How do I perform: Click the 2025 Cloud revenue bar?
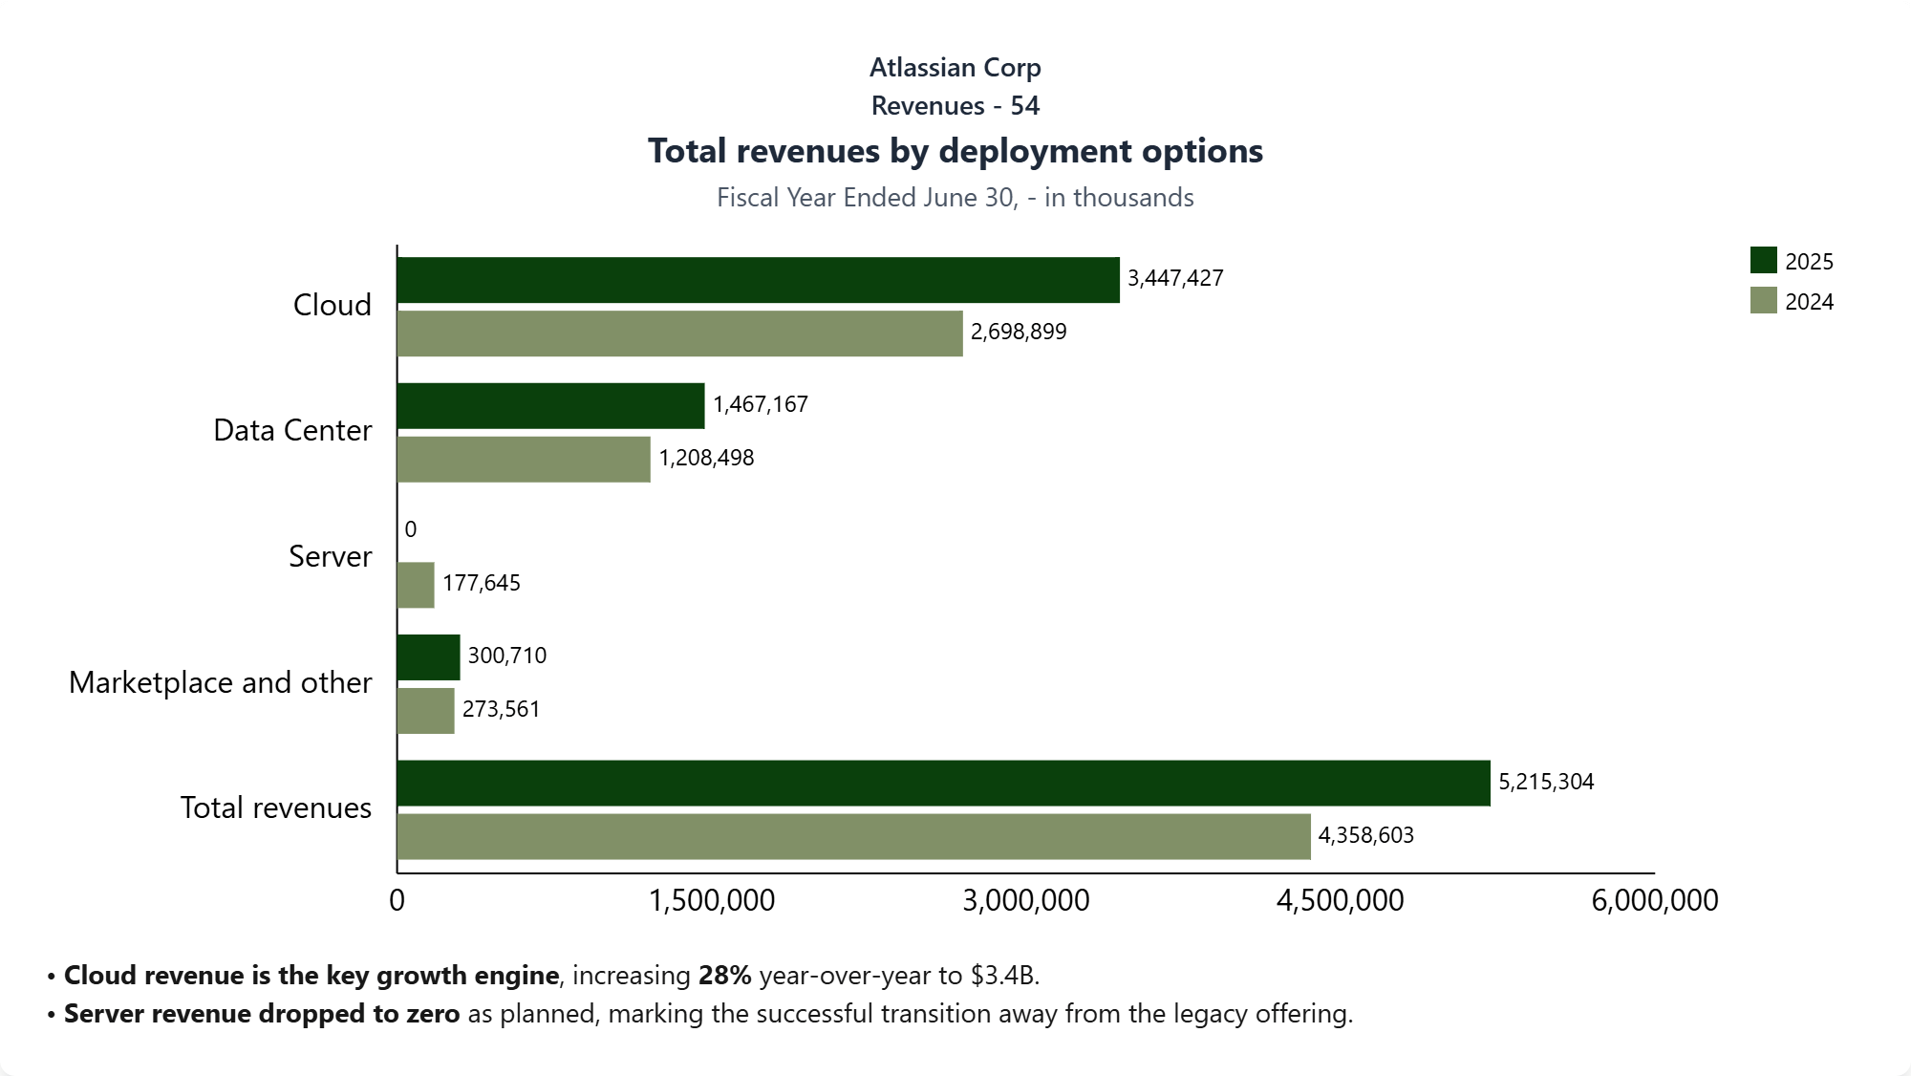click(x=758, y=280)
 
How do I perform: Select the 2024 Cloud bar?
click(x=679, y=334)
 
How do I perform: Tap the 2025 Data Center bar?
click(x=550, y=406)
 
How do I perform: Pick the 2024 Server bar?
click(x=416, y=585)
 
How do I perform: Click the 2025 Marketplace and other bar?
click(x=428, y=657)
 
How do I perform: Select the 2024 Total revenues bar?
click(x=853, y=837)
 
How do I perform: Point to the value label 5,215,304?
click(x=1546, y=782)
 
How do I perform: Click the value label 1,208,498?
click(x=706, y=458)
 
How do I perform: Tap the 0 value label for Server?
click(x=411, y=529)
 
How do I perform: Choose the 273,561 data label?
click(x=501, y=709)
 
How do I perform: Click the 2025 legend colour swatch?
click(x=1763, y=260)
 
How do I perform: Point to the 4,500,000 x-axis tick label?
click(x=1340, y=900)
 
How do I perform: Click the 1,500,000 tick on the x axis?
click(x=712, y=900)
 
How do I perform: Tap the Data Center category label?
click(x=292, y=430)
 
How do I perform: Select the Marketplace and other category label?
click(x=220, y=682)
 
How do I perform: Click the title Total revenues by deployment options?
click(x=955, y=151)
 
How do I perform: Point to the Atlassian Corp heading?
click(x=955, y=68)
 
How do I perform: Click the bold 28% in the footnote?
click(x=724, y=976)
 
